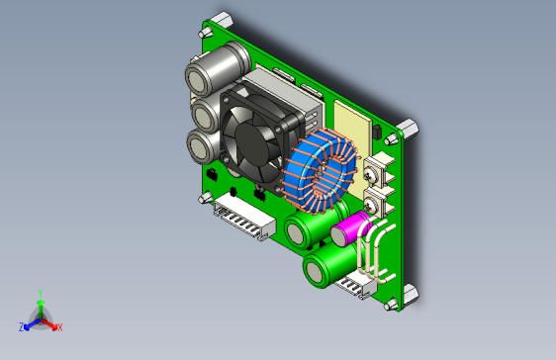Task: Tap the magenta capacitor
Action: coord(348,232)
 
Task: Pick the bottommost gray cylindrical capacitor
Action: coord(203,147)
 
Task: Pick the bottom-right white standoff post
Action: coord(407,296)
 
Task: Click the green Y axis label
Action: coord(40,293)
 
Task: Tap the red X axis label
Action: coord(59,326)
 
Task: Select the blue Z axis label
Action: coord(21,325)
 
